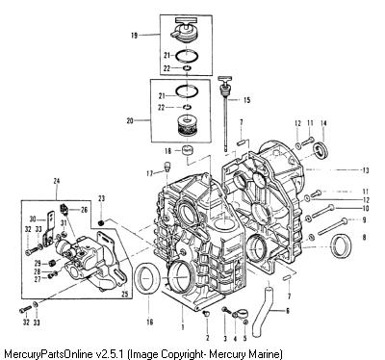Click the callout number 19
point(134,36)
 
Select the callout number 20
point(130,121)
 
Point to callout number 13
point(366,170)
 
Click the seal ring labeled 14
point(321,150)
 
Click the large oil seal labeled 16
point(148,278)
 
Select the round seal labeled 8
point(342,246)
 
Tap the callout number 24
point(57,182)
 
